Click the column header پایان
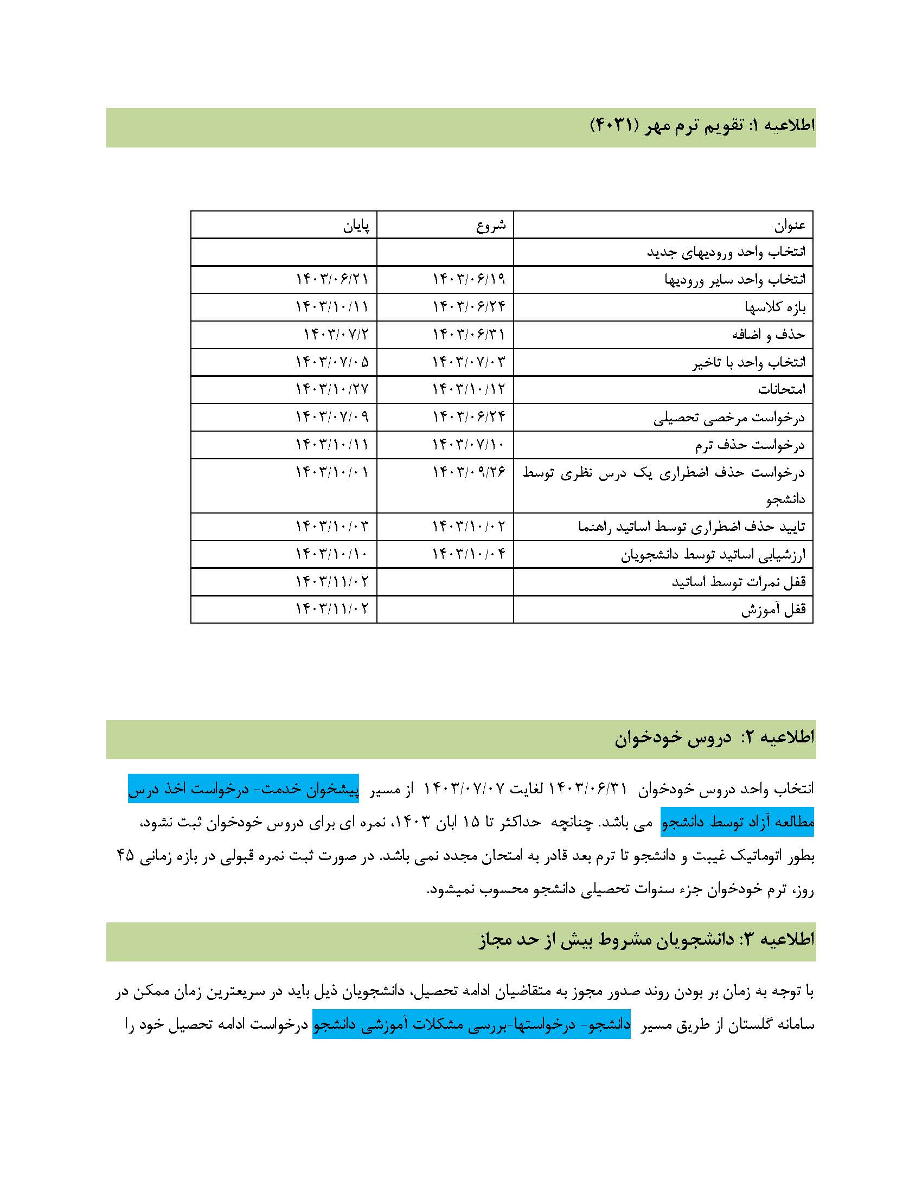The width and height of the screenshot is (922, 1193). pos(356,225)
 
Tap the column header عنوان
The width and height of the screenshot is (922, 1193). pos(789,225)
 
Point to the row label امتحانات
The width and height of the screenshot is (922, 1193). pos(781,389)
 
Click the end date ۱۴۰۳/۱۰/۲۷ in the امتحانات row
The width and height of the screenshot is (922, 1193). pos(332,389)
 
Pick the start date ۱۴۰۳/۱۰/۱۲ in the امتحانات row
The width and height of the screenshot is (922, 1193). pos(469,389)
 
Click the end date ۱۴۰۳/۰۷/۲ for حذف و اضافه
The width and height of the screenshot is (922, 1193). pos(336,334)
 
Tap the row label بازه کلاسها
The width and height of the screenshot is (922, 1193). pos(774,307)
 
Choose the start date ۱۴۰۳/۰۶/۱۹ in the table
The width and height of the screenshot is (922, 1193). pos(469,280)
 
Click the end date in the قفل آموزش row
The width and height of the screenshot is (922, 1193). pos(332,609)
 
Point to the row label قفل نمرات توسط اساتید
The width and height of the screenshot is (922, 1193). pos(739,582)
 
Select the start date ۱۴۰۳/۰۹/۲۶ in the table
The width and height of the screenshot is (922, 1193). pos(469,471)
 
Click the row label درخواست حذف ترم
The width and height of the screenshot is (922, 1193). pos(750,445)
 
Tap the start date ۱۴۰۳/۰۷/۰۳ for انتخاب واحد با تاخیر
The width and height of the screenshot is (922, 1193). pos(469,362)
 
